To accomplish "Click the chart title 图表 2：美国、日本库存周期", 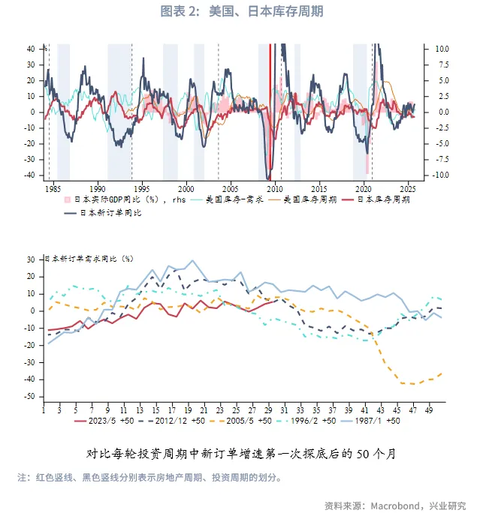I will [243, 11].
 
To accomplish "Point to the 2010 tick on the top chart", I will [275, 188].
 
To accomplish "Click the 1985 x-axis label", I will [53, 188].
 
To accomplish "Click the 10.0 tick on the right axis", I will [442, 49].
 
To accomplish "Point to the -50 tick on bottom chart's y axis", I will [32, 397].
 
